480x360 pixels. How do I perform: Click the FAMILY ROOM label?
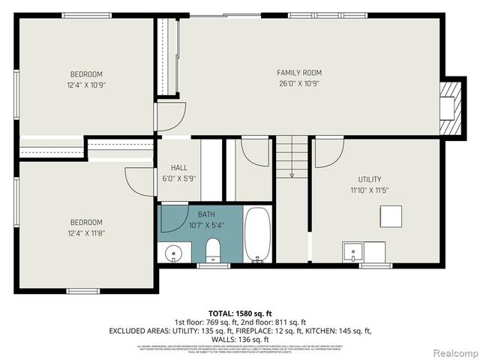(299, 73)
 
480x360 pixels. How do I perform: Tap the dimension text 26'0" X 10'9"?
(299, 83)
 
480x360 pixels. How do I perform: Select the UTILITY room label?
(369, 179)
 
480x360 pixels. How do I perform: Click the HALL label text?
(178, 168)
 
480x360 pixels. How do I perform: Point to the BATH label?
(206, 214)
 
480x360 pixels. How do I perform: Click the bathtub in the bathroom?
(257, 235)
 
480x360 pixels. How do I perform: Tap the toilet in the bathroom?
(212, 250)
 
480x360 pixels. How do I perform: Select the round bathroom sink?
(174, 253)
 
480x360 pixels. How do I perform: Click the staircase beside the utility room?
(292, 157)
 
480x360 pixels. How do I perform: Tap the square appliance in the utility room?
(391, 217)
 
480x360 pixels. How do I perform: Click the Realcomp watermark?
(453, 352)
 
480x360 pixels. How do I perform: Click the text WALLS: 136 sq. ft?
(239, 339)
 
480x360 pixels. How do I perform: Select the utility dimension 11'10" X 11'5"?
(369, 190)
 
